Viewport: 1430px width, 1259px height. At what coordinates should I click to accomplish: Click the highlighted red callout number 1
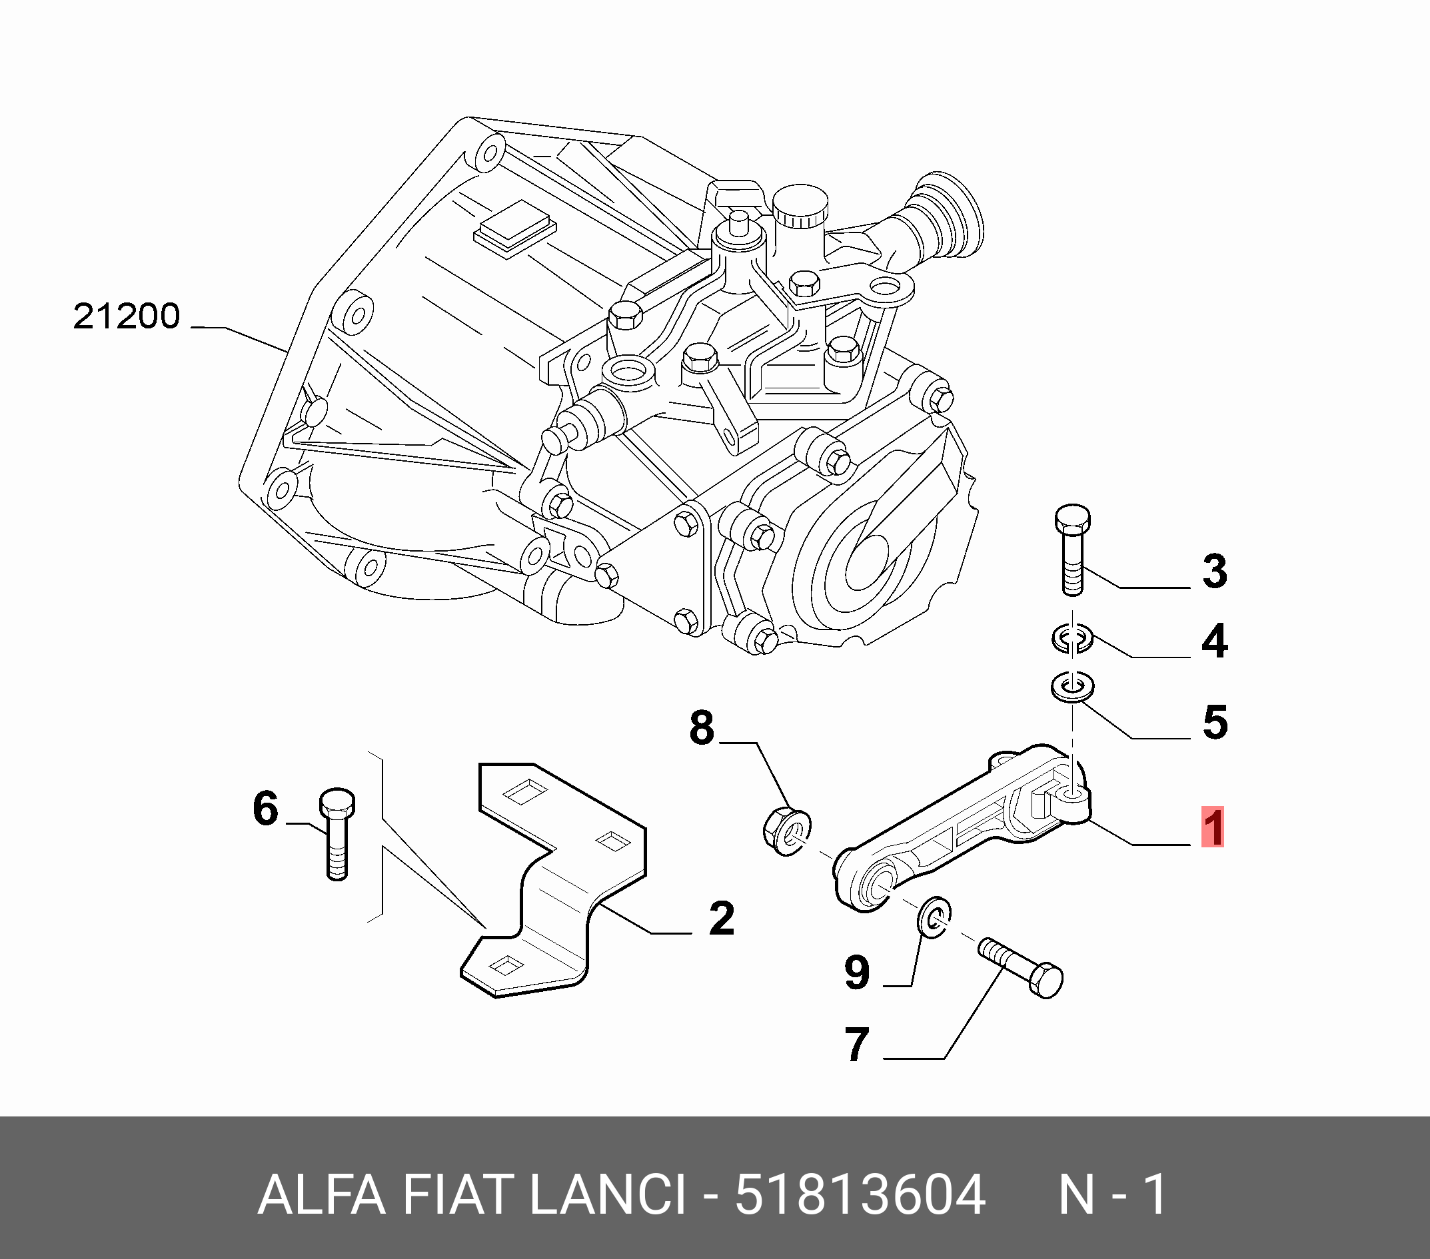[1212, 827]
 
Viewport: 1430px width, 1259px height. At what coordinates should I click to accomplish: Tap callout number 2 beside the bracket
[722, 918]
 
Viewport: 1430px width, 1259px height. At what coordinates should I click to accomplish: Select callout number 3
[1215, 571]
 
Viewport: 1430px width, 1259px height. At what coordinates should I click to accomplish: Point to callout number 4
[1215, 641]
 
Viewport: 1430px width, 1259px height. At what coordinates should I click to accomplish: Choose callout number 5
[1215, 722]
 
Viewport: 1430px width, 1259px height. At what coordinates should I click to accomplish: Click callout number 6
[265, 809]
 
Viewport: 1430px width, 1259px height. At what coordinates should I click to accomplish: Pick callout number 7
[857, 1045]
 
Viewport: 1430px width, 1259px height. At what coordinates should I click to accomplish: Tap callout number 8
[702, 727]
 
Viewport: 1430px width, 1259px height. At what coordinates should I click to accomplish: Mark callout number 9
[857, 973]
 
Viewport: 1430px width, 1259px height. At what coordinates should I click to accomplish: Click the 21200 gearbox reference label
[127, 316]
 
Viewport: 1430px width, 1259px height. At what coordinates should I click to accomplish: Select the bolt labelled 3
[1072, 550]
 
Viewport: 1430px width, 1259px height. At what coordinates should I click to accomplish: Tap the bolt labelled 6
[337, 835]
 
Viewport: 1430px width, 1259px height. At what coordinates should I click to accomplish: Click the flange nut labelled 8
[787, 831]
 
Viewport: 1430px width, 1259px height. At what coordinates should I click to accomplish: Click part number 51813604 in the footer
[860, 1194]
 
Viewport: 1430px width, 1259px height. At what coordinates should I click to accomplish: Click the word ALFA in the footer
[322, 1194]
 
